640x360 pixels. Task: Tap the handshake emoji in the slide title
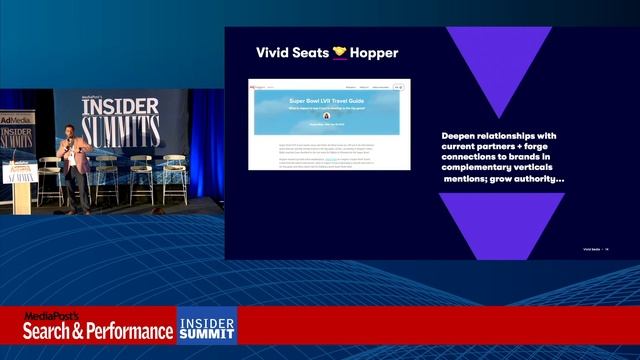(x=340, y=52)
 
